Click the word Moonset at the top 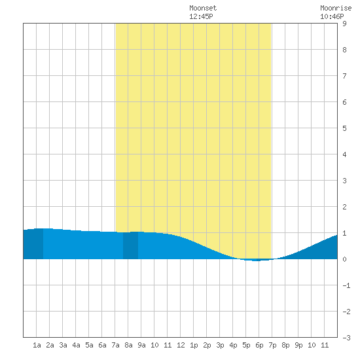pos(203,9)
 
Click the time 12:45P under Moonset pos(201,17)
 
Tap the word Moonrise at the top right pos(336,9)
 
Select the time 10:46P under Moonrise pos(332,17)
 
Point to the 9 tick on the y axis pos(344,24)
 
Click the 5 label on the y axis pos(344,128)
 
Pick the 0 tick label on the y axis pos(344,259)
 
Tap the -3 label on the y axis pos(346,338)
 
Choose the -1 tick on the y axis pos(346,285)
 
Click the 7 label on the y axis pos(344,76)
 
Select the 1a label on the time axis pos(37,345)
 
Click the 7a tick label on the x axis pos(115,345)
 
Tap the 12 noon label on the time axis pos(181,345)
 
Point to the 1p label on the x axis pos(194,345)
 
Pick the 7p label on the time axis pos(272,345)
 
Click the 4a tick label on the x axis pos(76,345)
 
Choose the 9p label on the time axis pos(298,345)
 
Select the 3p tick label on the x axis pos(220,345)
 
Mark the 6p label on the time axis pos(259,345)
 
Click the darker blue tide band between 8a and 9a pos(131,245)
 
